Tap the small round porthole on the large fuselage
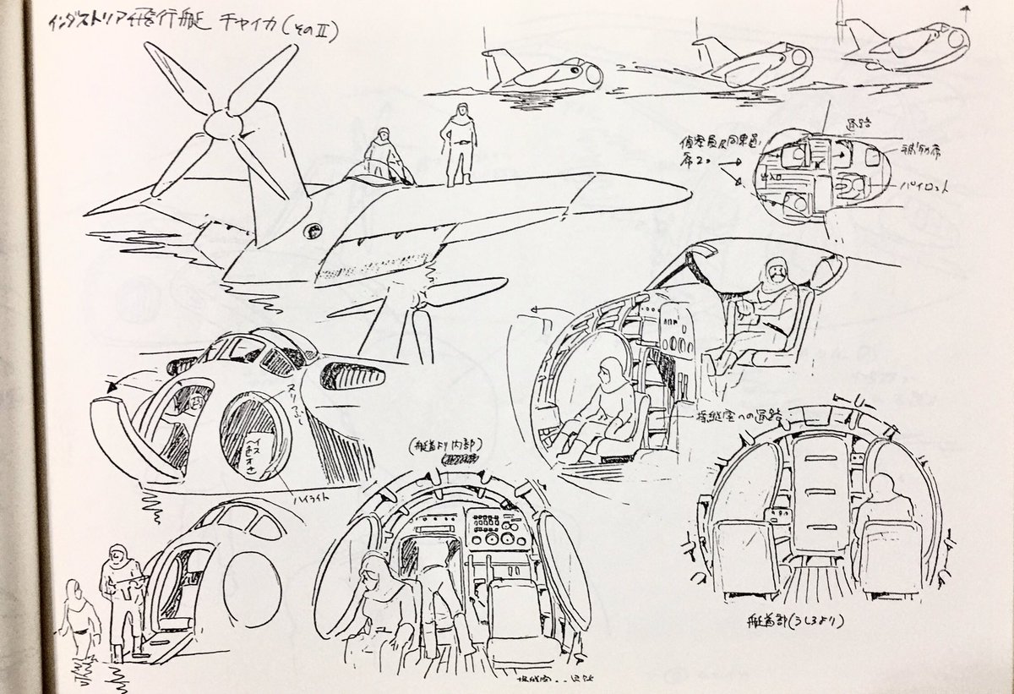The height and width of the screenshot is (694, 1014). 313,229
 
